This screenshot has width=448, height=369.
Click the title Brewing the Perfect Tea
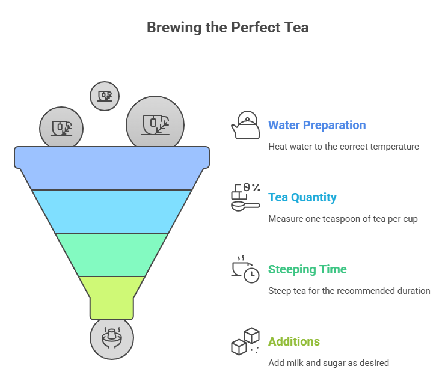coord(227,28)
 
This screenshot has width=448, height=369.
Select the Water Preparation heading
coord(316,125)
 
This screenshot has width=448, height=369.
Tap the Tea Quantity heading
coord(302,197)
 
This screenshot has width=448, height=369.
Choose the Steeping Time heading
coord(307,269)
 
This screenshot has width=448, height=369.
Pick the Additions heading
coord(293,341)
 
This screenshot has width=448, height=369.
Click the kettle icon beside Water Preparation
coord(245,126)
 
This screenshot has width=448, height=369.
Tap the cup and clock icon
coord(245,270)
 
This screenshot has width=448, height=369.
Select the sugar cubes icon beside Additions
coord(245,341)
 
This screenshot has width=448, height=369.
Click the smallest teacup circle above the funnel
coord(105,96)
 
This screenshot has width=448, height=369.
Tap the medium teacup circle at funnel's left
coord(61,128)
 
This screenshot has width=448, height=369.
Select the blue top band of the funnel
coord(112,167)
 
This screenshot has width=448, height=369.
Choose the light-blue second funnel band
coord(112,211)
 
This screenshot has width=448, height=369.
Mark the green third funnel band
coord(112,254)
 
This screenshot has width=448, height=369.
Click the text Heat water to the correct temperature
coord(343,147)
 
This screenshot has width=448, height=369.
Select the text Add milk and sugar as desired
coord(328,363)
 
